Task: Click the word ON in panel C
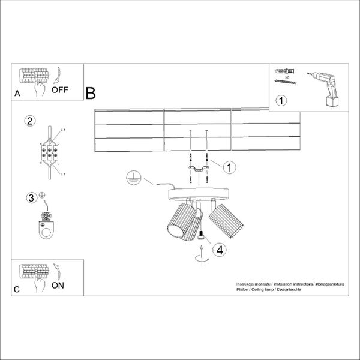pyautogui.click(x=58, y=285)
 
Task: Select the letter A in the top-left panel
pyautogui.click(x=17, y=94)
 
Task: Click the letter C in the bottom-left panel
pyautogui.click(x=17, y=289)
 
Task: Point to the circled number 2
pyautogui.click(x=28, y=121)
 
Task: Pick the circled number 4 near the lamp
pyautogui.click(x=220, y=250)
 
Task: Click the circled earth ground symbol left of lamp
pyautogui.click(x=134, y=178)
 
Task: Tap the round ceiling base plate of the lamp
pyautogui.click(x=197, y=193)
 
